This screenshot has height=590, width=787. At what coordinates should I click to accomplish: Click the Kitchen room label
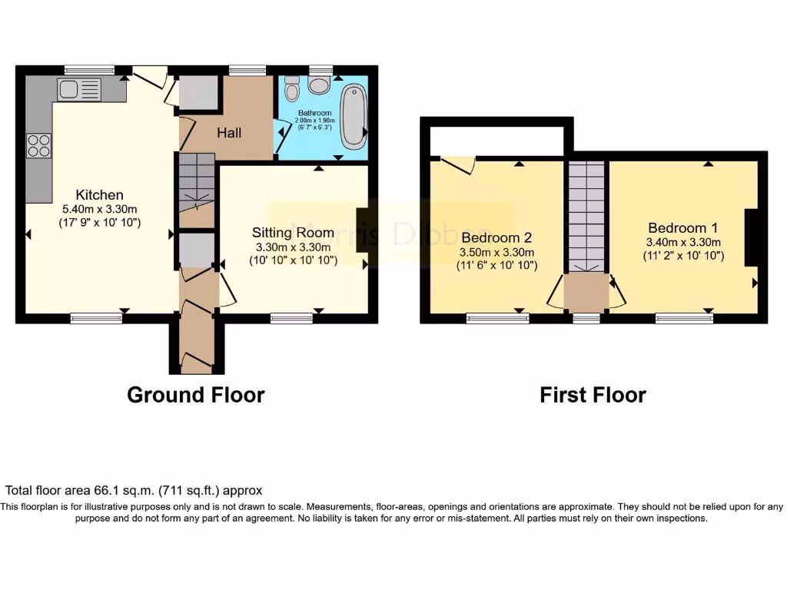tap(99, 194)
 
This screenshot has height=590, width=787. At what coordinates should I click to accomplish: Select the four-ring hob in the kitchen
tap(38, 145)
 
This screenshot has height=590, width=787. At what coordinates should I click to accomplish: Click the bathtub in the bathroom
tap(355, 117)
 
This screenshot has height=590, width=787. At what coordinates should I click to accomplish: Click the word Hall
tap(228, 133)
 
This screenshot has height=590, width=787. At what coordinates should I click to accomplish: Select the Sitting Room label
tap(294, 232)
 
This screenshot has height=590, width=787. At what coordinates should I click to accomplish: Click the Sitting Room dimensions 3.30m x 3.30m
tap(294, 247)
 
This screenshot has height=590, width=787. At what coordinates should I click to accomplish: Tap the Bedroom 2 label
tap(496, 237)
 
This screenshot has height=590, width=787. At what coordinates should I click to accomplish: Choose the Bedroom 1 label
tap(683, 227)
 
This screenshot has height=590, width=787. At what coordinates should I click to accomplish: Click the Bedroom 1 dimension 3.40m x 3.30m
tap(683, 242)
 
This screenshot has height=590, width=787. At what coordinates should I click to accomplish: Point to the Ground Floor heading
tap(195, 395)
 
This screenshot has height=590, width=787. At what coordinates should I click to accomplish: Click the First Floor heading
tap(593, 395)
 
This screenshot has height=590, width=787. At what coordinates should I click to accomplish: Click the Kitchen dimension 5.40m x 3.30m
tap(99, 208)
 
